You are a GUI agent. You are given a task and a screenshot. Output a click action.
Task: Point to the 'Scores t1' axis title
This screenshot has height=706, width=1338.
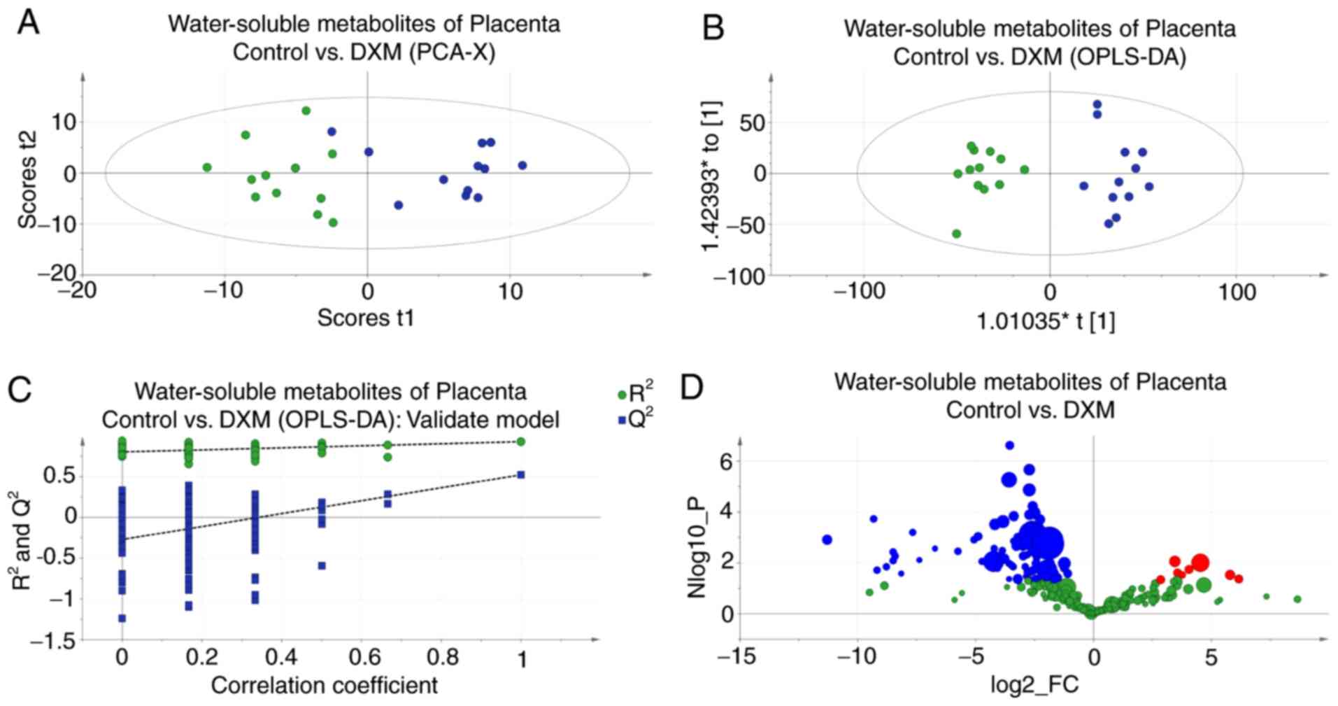[x=366, y=318]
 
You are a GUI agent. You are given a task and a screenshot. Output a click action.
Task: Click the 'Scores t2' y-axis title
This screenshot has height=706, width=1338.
[x=27, y=180]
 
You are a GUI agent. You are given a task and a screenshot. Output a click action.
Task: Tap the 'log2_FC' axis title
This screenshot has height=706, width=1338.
[x=1034, y=684]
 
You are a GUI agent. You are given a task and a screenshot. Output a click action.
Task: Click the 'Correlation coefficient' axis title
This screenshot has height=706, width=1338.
[x=324, y=685]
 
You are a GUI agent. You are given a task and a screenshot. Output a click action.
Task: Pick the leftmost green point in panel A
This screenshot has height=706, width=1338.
[x=207, y=167]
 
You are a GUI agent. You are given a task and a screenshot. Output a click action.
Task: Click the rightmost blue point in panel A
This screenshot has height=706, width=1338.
[x=522, y=166]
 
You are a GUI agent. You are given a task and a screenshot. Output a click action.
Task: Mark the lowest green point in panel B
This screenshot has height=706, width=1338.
[x=957, y=234]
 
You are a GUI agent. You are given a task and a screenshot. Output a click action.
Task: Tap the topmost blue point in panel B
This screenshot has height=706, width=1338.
[x=1097, y=104]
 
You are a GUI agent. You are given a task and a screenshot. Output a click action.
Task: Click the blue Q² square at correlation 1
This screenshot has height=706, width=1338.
[x=520, y=474]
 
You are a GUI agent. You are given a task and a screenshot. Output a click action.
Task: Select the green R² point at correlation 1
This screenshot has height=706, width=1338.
[x=520, y=442]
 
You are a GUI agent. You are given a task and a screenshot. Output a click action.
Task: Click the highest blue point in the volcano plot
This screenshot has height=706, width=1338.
[x=1009, y=445]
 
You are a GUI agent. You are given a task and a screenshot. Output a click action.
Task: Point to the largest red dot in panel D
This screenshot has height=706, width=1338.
[x=1201, y=563]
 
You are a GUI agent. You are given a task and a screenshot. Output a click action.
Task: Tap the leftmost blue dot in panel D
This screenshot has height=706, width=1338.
[x=827, y=539]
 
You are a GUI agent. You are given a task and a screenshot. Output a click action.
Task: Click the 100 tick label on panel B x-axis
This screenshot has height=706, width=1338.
[x=1237, y=292]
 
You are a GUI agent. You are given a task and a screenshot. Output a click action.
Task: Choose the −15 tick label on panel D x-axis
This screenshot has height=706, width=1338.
[x=740, y=657]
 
